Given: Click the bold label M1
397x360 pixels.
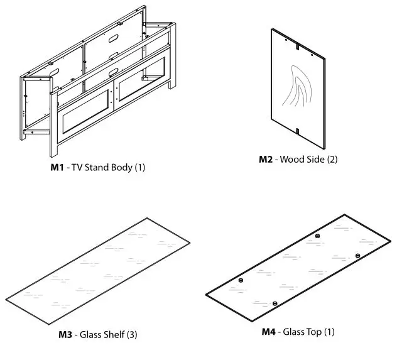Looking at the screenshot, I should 57,168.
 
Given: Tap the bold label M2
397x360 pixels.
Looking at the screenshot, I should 266,159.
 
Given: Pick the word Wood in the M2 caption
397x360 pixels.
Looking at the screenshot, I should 294,159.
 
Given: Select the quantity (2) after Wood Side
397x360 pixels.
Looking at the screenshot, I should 332,159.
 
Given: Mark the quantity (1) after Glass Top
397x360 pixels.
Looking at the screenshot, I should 329,331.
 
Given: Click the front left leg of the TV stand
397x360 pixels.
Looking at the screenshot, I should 53,126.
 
